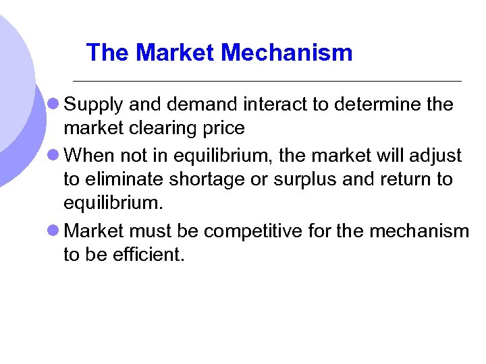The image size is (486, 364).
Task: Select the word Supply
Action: pyautogui.click(x=93, y=105)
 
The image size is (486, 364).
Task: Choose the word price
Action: pyautogui.click(x=221, y=128)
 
